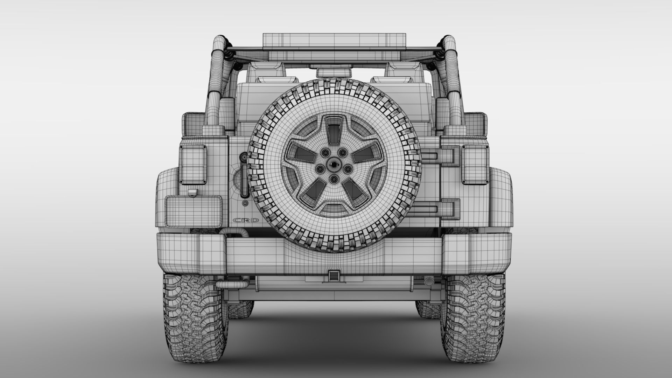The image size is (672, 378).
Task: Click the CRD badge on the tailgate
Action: coord(246,220)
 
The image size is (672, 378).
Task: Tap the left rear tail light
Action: coord(193,163)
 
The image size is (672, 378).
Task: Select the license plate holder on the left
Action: coord(194,211)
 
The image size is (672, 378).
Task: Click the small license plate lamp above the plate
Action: coord(192,192)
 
